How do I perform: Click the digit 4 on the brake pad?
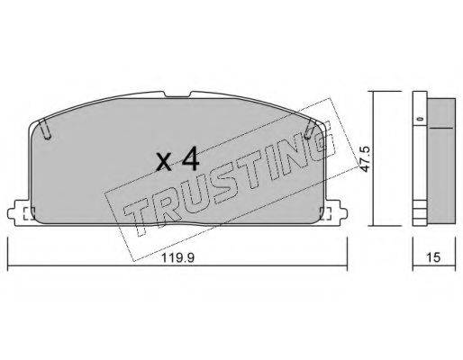click(x=187, y=162)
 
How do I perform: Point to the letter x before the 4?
click(x=163, y=165)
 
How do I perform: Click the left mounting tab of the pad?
click(x=22, y=214)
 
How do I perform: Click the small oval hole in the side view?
click(x=420, y=118)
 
